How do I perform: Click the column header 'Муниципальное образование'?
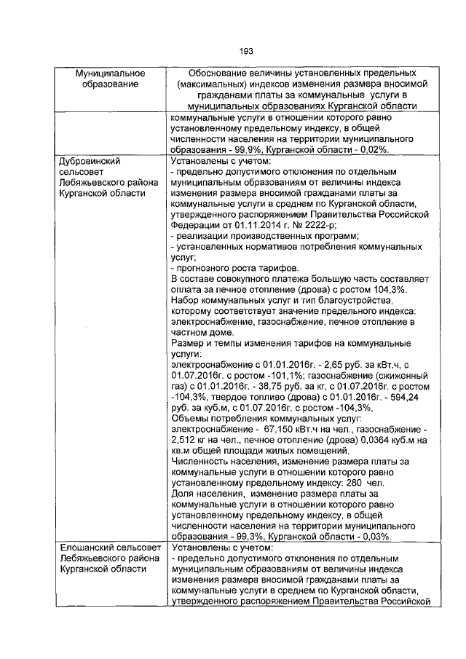coord(111,79)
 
